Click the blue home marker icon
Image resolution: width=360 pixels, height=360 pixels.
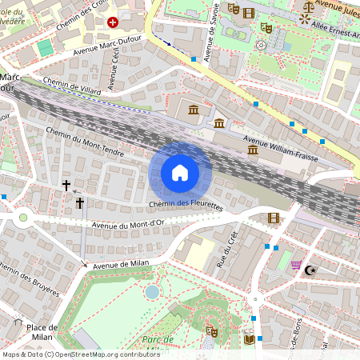[180, 173]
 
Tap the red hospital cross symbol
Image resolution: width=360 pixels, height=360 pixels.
[112, 22]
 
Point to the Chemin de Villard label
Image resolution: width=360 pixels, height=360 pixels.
[73, 86]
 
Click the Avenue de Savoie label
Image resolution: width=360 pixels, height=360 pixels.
[211, 36]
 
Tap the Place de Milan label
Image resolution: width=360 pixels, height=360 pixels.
[41, 332]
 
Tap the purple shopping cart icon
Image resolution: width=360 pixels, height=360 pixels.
[296, 265]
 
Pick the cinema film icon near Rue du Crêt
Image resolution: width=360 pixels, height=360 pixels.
[274, 218]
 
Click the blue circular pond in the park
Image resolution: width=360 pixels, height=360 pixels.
[151, 292]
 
